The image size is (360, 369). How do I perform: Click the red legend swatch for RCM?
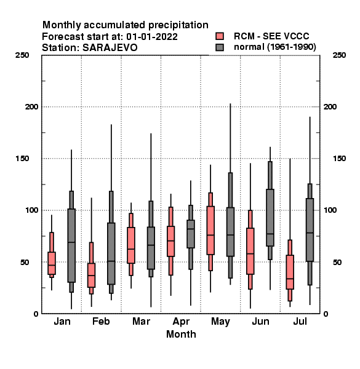pyautogui.click(x=220, y=36)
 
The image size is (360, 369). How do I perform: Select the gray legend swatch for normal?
pyautogui.click(x=220, y=47)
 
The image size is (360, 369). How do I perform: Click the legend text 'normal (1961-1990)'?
pyautogui.click(x=274, y=47)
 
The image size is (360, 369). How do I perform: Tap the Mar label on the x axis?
pyautogui.click(x=141, y=321)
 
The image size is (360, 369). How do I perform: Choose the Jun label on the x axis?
pyautogui.click(x=260, y=321)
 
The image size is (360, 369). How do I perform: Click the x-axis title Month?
pyautogui.click(x=181, y=334)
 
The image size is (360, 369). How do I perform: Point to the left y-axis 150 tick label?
pyautogui.click(x=22, y=159)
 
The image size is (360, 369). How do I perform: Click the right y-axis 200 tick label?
pyautogui.click(x=330, y=106)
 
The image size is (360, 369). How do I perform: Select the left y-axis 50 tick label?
pyautogui.click(x=25, y=262)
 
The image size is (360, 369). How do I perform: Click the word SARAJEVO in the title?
pyautogui.click(x=110, y=48)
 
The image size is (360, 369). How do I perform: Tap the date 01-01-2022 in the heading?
pyautogui.click(x=152, y=37)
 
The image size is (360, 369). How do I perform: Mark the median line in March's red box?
pyautogui.click(x=131, y=249)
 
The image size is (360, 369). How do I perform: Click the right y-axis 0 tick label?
pyautogui.click(x=326, y=314)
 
